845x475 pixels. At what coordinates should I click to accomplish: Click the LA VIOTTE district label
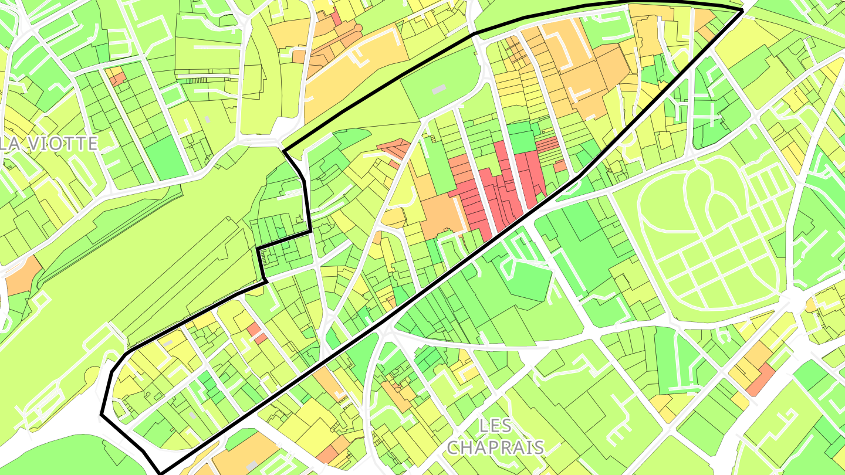click(50, 144)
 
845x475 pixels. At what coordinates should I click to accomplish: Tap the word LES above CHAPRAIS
click(495, 426)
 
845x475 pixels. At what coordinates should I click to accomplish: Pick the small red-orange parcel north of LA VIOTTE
click(117, 78)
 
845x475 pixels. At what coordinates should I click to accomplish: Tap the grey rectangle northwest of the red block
click(438, 89)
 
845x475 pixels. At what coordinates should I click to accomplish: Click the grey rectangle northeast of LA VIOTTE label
click(207, 120)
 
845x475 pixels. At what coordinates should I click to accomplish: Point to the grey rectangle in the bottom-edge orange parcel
click(252, 465)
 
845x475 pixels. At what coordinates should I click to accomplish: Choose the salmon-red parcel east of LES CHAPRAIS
click(760, 379)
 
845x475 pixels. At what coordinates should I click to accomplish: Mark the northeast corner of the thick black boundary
click(743, 10)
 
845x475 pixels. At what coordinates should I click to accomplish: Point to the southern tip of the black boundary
click(160, 471)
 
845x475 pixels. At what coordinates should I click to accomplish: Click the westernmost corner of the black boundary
click(102, 415)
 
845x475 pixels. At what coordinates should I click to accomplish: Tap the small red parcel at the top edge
click(336, 18)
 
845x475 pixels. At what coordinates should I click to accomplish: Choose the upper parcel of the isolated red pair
click(253, 328)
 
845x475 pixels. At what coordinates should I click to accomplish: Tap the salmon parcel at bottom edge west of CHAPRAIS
click(327, 454)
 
